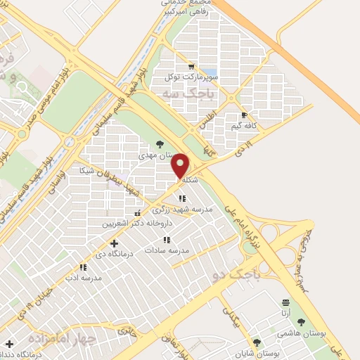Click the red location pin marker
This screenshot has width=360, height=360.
click(181, 166)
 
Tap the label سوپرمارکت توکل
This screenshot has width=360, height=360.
click(182, 76)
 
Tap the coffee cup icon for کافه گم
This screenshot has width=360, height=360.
click(244, 115)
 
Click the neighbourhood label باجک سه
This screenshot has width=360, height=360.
click(181, 93)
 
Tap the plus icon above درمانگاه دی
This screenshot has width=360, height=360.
click(114, 243)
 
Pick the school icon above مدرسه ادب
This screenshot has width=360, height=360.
click(83, 267)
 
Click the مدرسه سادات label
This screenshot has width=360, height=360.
click(167, 250)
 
